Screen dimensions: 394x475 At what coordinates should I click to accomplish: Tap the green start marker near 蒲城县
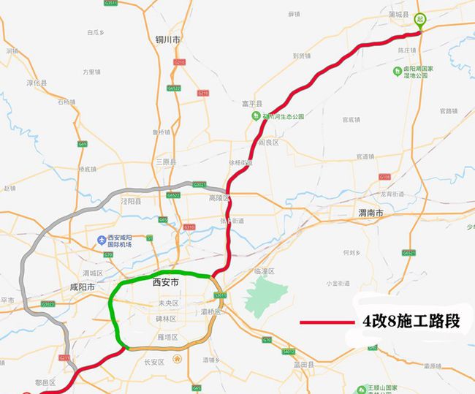420,20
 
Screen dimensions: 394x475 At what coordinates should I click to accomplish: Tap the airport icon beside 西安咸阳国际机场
102,239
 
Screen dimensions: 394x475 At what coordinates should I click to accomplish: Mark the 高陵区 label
219,198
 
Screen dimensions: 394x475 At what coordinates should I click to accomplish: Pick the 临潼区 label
264,271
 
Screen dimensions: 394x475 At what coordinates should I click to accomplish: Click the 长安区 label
154,362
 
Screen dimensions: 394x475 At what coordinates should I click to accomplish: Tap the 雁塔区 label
167,338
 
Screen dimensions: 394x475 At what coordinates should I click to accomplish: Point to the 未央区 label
168,303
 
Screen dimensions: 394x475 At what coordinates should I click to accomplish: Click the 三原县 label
166,162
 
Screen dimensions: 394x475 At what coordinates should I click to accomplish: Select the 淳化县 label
37,83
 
